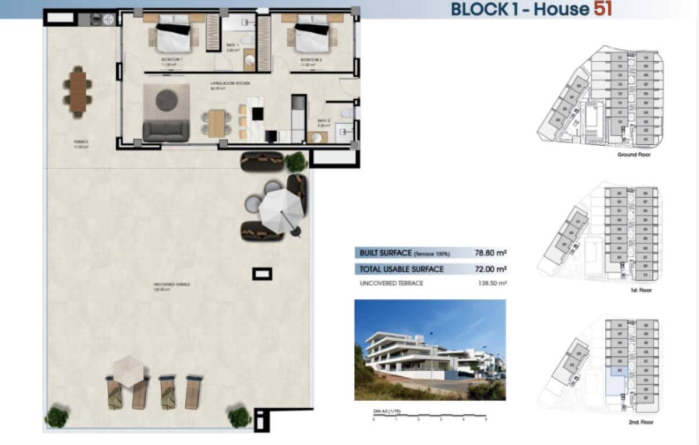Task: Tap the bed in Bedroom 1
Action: point(172,33)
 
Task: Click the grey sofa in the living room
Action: point(165,131)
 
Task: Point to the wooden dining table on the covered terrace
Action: point(77,91)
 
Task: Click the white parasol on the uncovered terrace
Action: point(281,209)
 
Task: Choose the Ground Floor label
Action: point(634,155)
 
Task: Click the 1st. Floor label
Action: point(640,290)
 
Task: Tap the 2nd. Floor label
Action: point(640,419)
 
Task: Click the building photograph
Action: point(429,350)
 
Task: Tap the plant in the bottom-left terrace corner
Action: point(57,417)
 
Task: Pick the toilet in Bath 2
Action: point(345,113)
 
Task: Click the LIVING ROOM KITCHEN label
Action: point(230,84)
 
